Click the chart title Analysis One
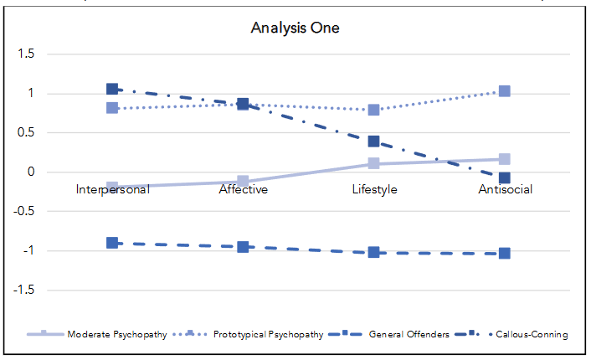295,28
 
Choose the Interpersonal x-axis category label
112,189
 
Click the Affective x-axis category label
243,189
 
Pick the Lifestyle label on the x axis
373,189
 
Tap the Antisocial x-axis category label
505,189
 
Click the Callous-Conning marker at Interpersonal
112,90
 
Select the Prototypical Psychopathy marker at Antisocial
505,91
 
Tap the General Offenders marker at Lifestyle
373,252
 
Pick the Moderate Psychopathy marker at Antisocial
505,159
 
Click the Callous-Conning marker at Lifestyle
373,141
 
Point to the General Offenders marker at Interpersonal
112,243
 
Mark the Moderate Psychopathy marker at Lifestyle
373,164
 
